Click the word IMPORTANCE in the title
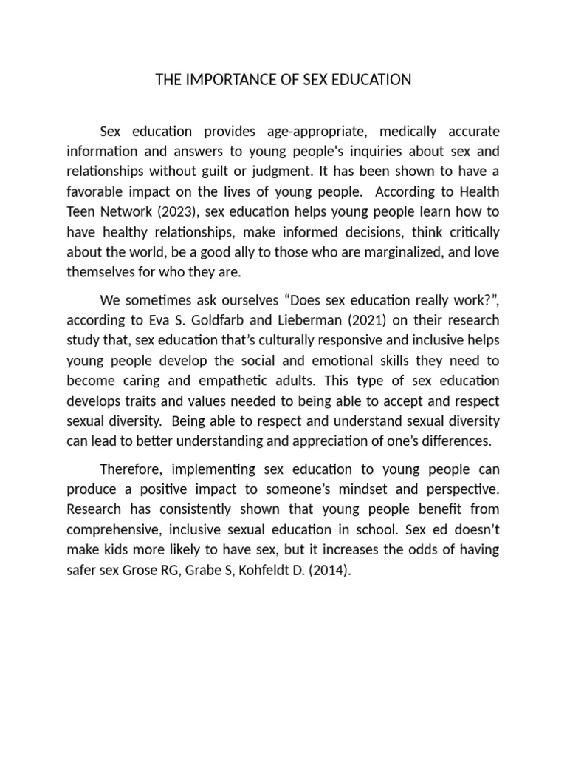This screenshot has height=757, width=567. tap(220, 80)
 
